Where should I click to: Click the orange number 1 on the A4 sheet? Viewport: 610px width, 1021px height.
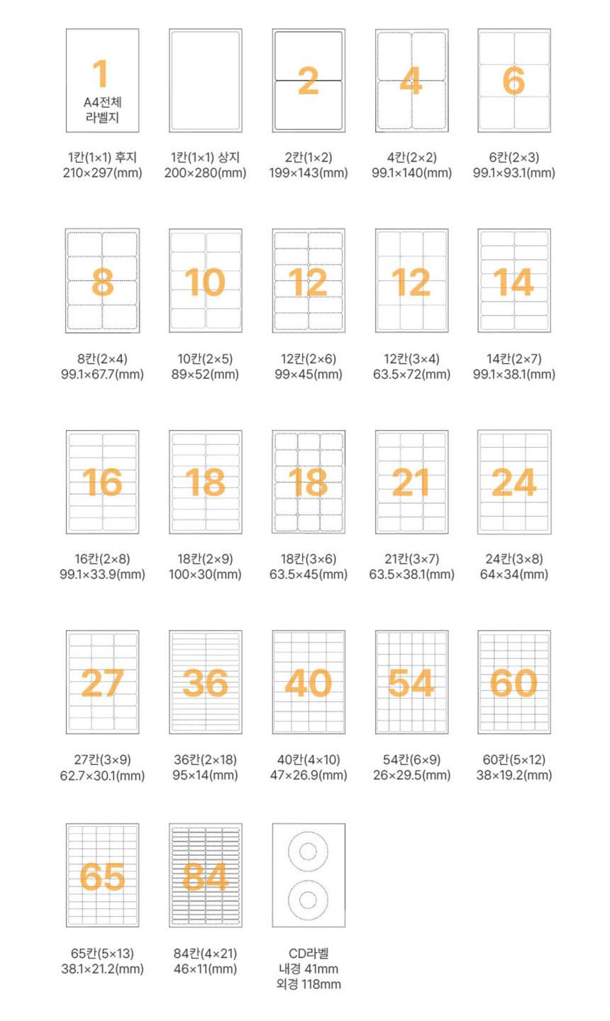[101, 74]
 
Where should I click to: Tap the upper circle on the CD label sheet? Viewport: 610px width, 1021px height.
[308, 850]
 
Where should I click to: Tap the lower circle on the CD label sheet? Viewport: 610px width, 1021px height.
[308, 900]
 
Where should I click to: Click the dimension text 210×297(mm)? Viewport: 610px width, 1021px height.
[102, 173]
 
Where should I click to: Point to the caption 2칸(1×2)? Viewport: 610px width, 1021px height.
[308, 158]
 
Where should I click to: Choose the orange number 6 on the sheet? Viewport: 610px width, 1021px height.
[514, 81]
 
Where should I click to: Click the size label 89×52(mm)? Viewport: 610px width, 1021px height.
[205, 375]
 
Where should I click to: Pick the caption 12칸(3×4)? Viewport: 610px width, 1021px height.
[411, 359]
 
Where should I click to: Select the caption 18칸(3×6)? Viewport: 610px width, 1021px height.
[308, 559]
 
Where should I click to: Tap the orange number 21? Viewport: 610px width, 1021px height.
[411, 482]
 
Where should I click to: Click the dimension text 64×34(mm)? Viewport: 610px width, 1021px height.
[514, 575]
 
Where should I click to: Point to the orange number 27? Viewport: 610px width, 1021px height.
[102, 683]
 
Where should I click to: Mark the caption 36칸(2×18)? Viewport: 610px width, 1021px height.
[205, 760]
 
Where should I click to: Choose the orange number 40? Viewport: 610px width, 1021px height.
[308, 683]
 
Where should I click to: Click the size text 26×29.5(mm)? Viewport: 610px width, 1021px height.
[411, 776]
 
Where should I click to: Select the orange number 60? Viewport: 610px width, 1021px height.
[514, 683]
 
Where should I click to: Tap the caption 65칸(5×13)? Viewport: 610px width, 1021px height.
[102, 954]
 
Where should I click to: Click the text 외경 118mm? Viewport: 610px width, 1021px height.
[308, 984]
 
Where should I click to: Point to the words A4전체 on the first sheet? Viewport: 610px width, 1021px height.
[102, 103]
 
